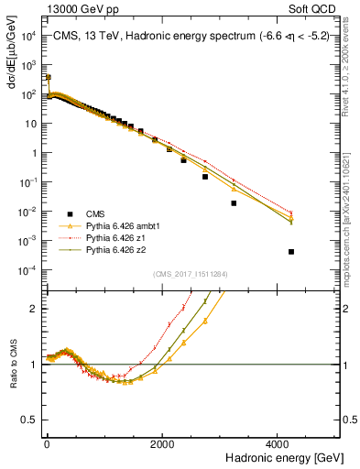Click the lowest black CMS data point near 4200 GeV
click(x=291, y=252)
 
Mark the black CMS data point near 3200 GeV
click(x=234, y=203)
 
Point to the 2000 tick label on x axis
click(x=162, y=444)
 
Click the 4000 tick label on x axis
click(x=278, y=444)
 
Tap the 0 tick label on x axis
click(x=47, y=444)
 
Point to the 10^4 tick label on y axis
click(x=29, y=36)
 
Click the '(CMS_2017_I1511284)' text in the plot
click(x=190, y=274)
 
